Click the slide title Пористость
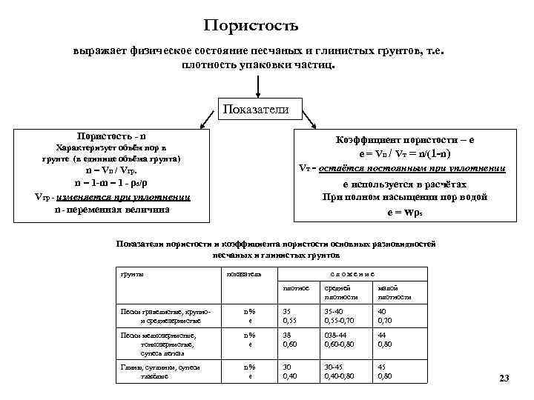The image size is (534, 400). [x=251, y=26]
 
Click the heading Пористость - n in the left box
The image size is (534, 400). [x=112, y=136]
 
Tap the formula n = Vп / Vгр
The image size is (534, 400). [x=112, y=170]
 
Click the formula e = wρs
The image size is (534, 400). [x=405, y=211]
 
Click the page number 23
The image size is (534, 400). [x=504, y=379]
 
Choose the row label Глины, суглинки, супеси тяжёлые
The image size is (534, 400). [x=160, y=371]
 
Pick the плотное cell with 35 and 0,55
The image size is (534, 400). [x=291, y=316]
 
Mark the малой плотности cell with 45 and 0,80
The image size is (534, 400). [x=386, y=371]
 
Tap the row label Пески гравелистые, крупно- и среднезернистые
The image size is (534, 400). [x=160, y=316]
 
